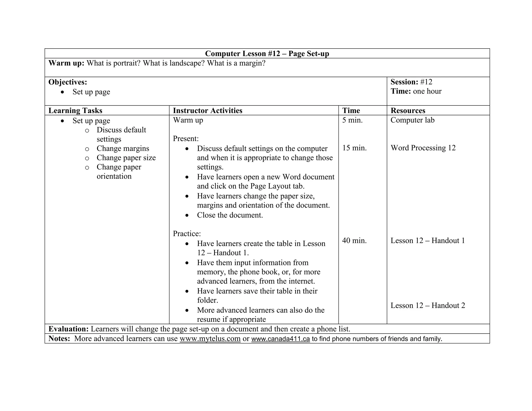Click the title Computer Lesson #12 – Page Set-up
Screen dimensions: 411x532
tap(267, 54)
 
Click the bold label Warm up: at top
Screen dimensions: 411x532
tap(66, 63)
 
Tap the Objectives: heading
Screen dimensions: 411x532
tap(68, 82)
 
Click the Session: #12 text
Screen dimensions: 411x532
tap(411, 82)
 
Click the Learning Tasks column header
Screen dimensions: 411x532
tap(75, 110)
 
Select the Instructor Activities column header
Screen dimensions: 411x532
tap(207, 110)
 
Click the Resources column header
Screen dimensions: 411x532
tap(408, 110)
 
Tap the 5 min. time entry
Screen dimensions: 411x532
tap(352, 120)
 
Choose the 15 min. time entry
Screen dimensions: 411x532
tap(354, 148)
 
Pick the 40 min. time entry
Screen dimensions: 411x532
tap(354, 241)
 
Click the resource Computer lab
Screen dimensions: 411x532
tap(412, 120)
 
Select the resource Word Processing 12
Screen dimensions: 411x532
tap(423, 148)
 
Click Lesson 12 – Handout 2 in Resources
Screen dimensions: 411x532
tap(428, 305)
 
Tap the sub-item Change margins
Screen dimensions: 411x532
tap(123, 148)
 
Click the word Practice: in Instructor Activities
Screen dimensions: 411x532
tap(187, 234)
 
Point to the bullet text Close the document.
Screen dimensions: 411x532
tap(230, 215)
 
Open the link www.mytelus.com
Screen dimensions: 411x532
tap(210, 339)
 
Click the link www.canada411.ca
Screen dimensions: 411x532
tap(280, 339)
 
